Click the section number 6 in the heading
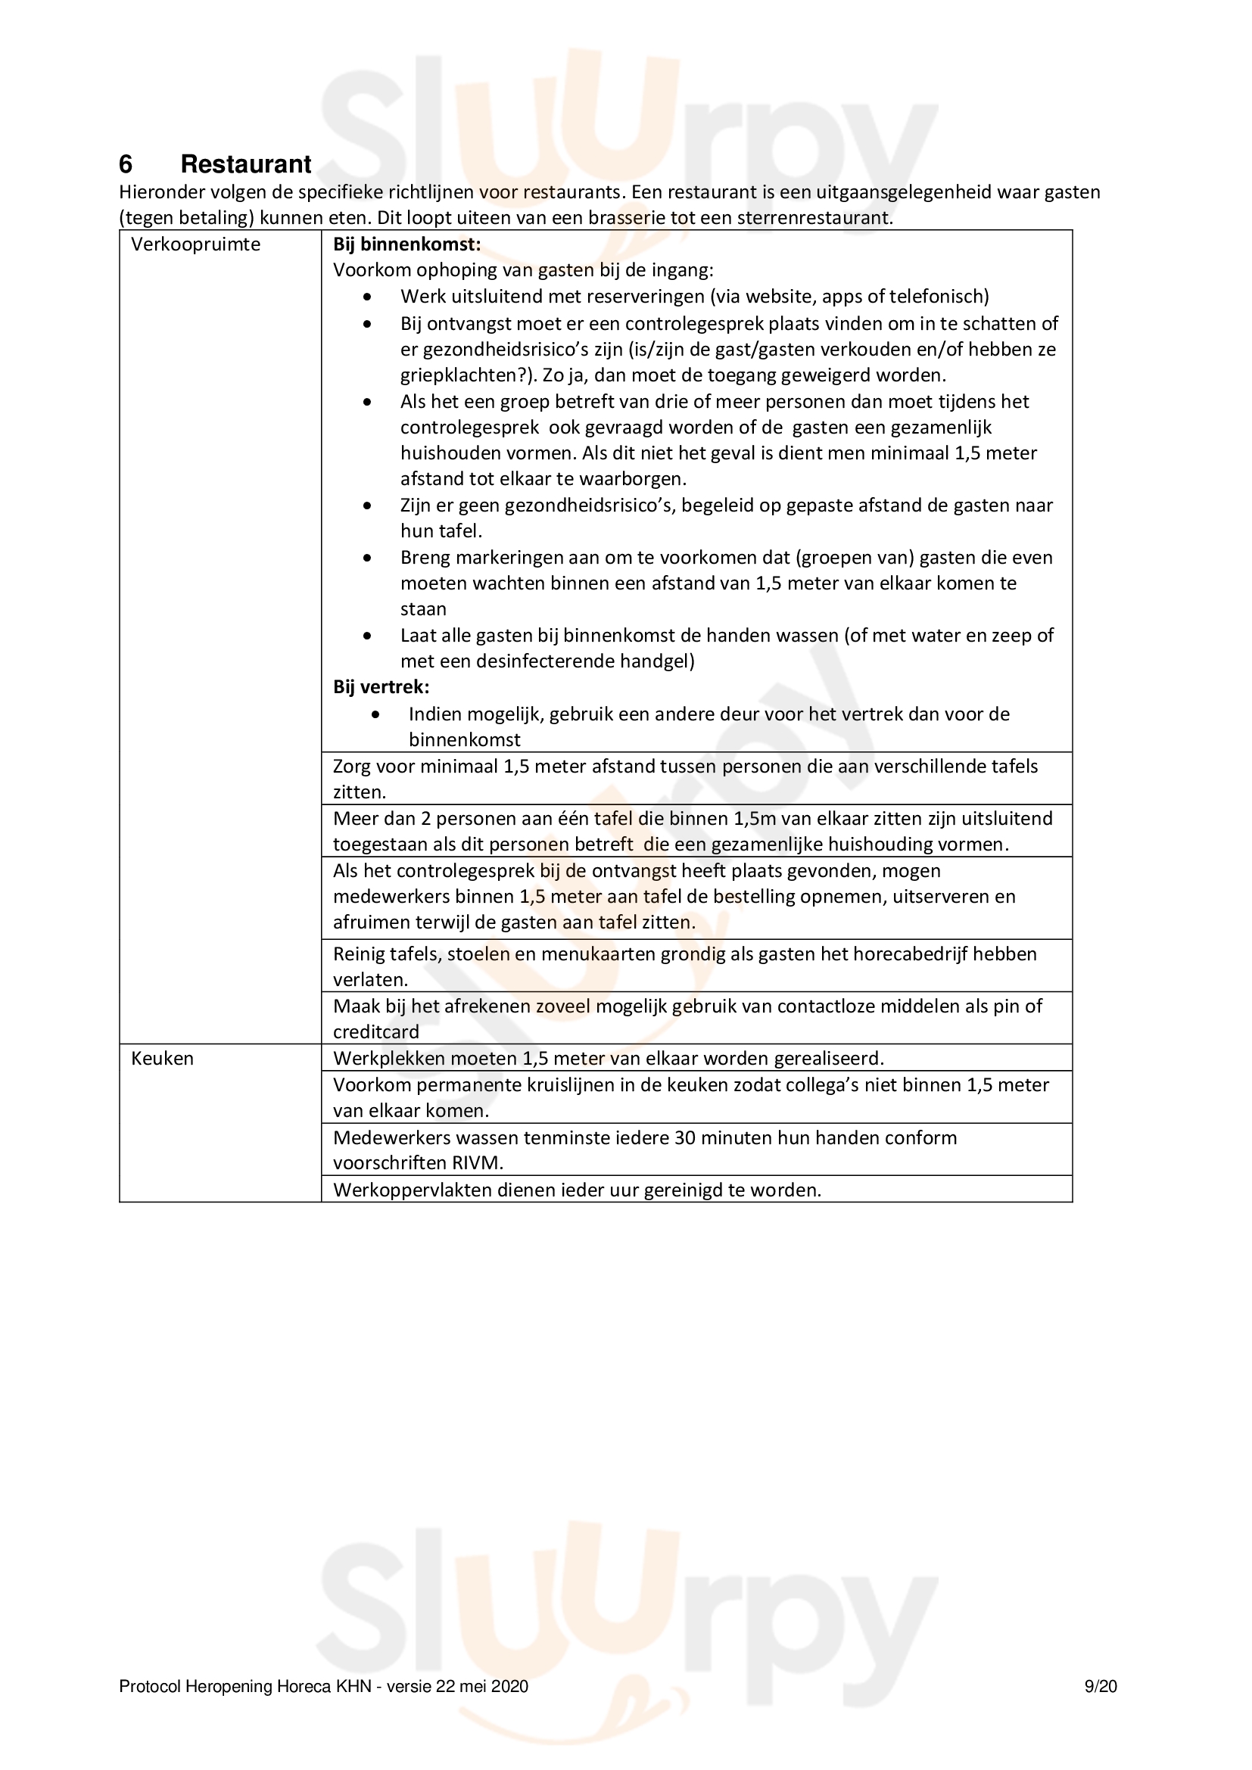126,164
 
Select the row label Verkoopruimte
195,244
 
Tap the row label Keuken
162,1059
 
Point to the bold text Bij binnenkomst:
406,244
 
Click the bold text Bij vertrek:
381,687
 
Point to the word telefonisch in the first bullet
936,297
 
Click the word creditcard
375,1032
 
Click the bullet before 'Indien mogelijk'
375,714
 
